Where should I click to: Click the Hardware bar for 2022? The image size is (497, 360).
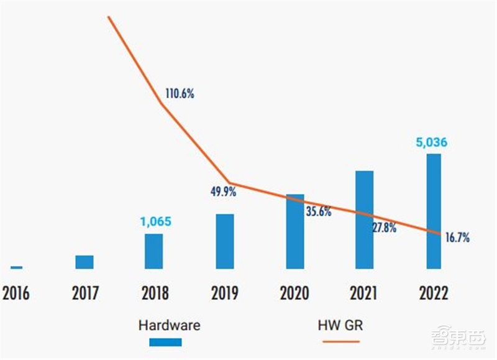(x=433, y=211)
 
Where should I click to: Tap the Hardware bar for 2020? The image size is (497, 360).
(x=295, y=231)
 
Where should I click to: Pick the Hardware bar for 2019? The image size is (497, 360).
(x=225, y=241)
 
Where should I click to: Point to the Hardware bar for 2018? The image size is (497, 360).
(x=153, y=251)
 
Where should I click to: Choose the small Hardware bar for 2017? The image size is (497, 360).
(x=84, y=262)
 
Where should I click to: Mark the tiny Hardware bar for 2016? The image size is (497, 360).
(x=17, y=267)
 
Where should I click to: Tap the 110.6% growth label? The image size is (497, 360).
(x=180, y=94)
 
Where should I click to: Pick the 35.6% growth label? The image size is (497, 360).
(x=319, y=211)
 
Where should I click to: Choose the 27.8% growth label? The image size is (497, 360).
(x=384, y=227)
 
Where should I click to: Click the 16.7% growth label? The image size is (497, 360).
(x=457, y=237)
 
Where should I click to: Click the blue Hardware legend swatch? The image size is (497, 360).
(x=165, y=342)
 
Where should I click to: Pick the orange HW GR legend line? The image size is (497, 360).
(x=340, y=342)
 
